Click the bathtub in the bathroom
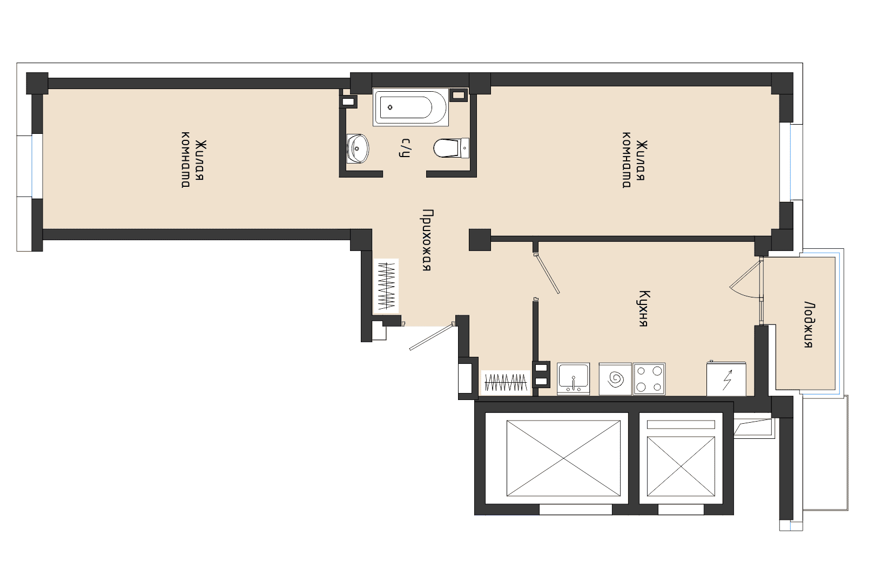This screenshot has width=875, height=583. (410, 107)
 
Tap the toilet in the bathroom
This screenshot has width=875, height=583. (451, 147)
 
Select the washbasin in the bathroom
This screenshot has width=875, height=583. (358, 149)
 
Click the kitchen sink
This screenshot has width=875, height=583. (573, 378)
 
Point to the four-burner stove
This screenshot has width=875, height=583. (649, 378)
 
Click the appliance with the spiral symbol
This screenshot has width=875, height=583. (615, 379)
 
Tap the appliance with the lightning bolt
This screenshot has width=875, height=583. (726, 379)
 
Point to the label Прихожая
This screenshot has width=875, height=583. (427, 240)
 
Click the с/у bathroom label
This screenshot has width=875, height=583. (405, 147)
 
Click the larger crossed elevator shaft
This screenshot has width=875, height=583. (563, 458)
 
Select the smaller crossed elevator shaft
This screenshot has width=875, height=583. (681, 466)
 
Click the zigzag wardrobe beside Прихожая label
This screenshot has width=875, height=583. (386, 286)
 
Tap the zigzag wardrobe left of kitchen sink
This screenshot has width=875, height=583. (506, 383)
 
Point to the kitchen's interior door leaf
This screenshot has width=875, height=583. (547, 273)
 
